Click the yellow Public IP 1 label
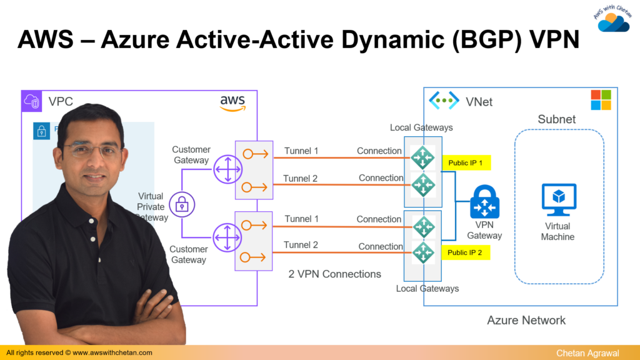point(466,163)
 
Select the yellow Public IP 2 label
point(466,252)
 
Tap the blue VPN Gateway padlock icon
point(484,202)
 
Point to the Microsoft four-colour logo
point(601,100)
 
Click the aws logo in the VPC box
point(232,103)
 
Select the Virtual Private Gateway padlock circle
point(182,204)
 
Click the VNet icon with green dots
point(444,101)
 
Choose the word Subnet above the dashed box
point(557,119)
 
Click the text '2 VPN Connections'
point(334,274)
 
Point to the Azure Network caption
point(526,321)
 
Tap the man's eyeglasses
point(95,151)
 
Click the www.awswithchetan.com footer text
point(112,353)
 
